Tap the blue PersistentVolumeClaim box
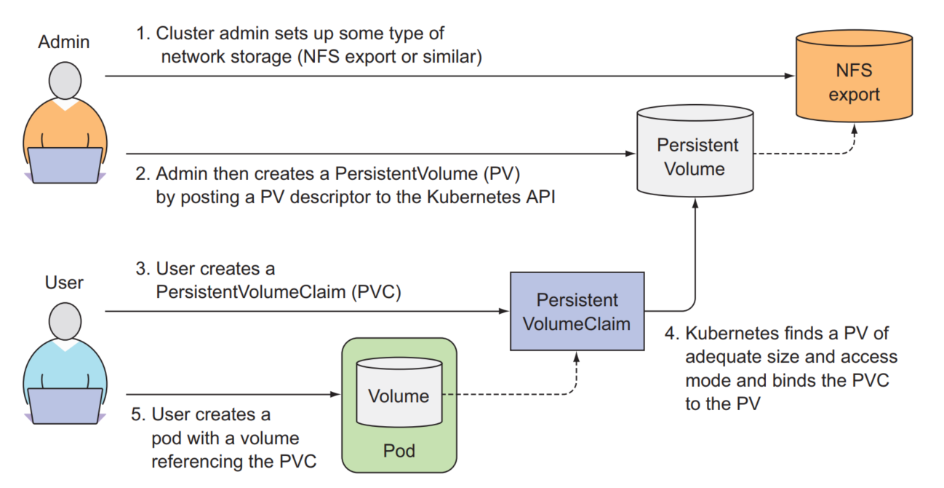click(x=577, y=312)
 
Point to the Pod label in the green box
click(x=399, y=452)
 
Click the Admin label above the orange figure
click(x=64, y=42)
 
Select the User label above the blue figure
click(x=64, y=283)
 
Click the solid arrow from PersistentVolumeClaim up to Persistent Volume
click(x=694, y=255)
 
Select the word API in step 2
click(x=540, y=197)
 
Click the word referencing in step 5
click(x=194, y=461)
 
